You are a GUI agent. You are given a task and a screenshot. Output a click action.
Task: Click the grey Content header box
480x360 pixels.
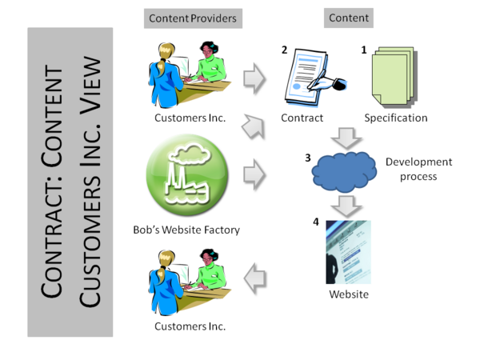[349, 18]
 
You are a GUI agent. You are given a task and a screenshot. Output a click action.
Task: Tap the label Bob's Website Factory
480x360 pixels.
[187, 230]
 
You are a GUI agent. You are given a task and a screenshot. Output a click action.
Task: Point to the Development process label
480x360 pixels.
[418, 169]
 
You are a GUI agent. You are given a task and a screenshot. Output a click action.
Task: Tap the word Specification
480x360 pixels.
[395, 118]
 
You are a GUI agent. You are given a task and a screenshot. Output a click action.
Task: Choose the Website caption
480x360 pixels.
[349, 294]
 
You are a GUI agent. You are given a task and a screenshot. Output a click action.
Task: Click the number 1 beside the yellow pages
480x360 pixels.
[364, 50]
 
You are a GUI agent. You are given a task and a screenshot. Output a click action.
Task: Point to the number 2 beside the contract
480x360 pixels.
[284, 50]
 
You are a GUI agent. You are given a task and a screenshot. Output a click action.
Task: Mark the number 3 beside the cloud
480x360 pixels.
[308, 158]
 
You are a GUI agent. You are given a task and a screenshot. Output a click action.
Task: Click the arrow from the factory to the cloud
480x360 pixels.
[255, 170]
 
